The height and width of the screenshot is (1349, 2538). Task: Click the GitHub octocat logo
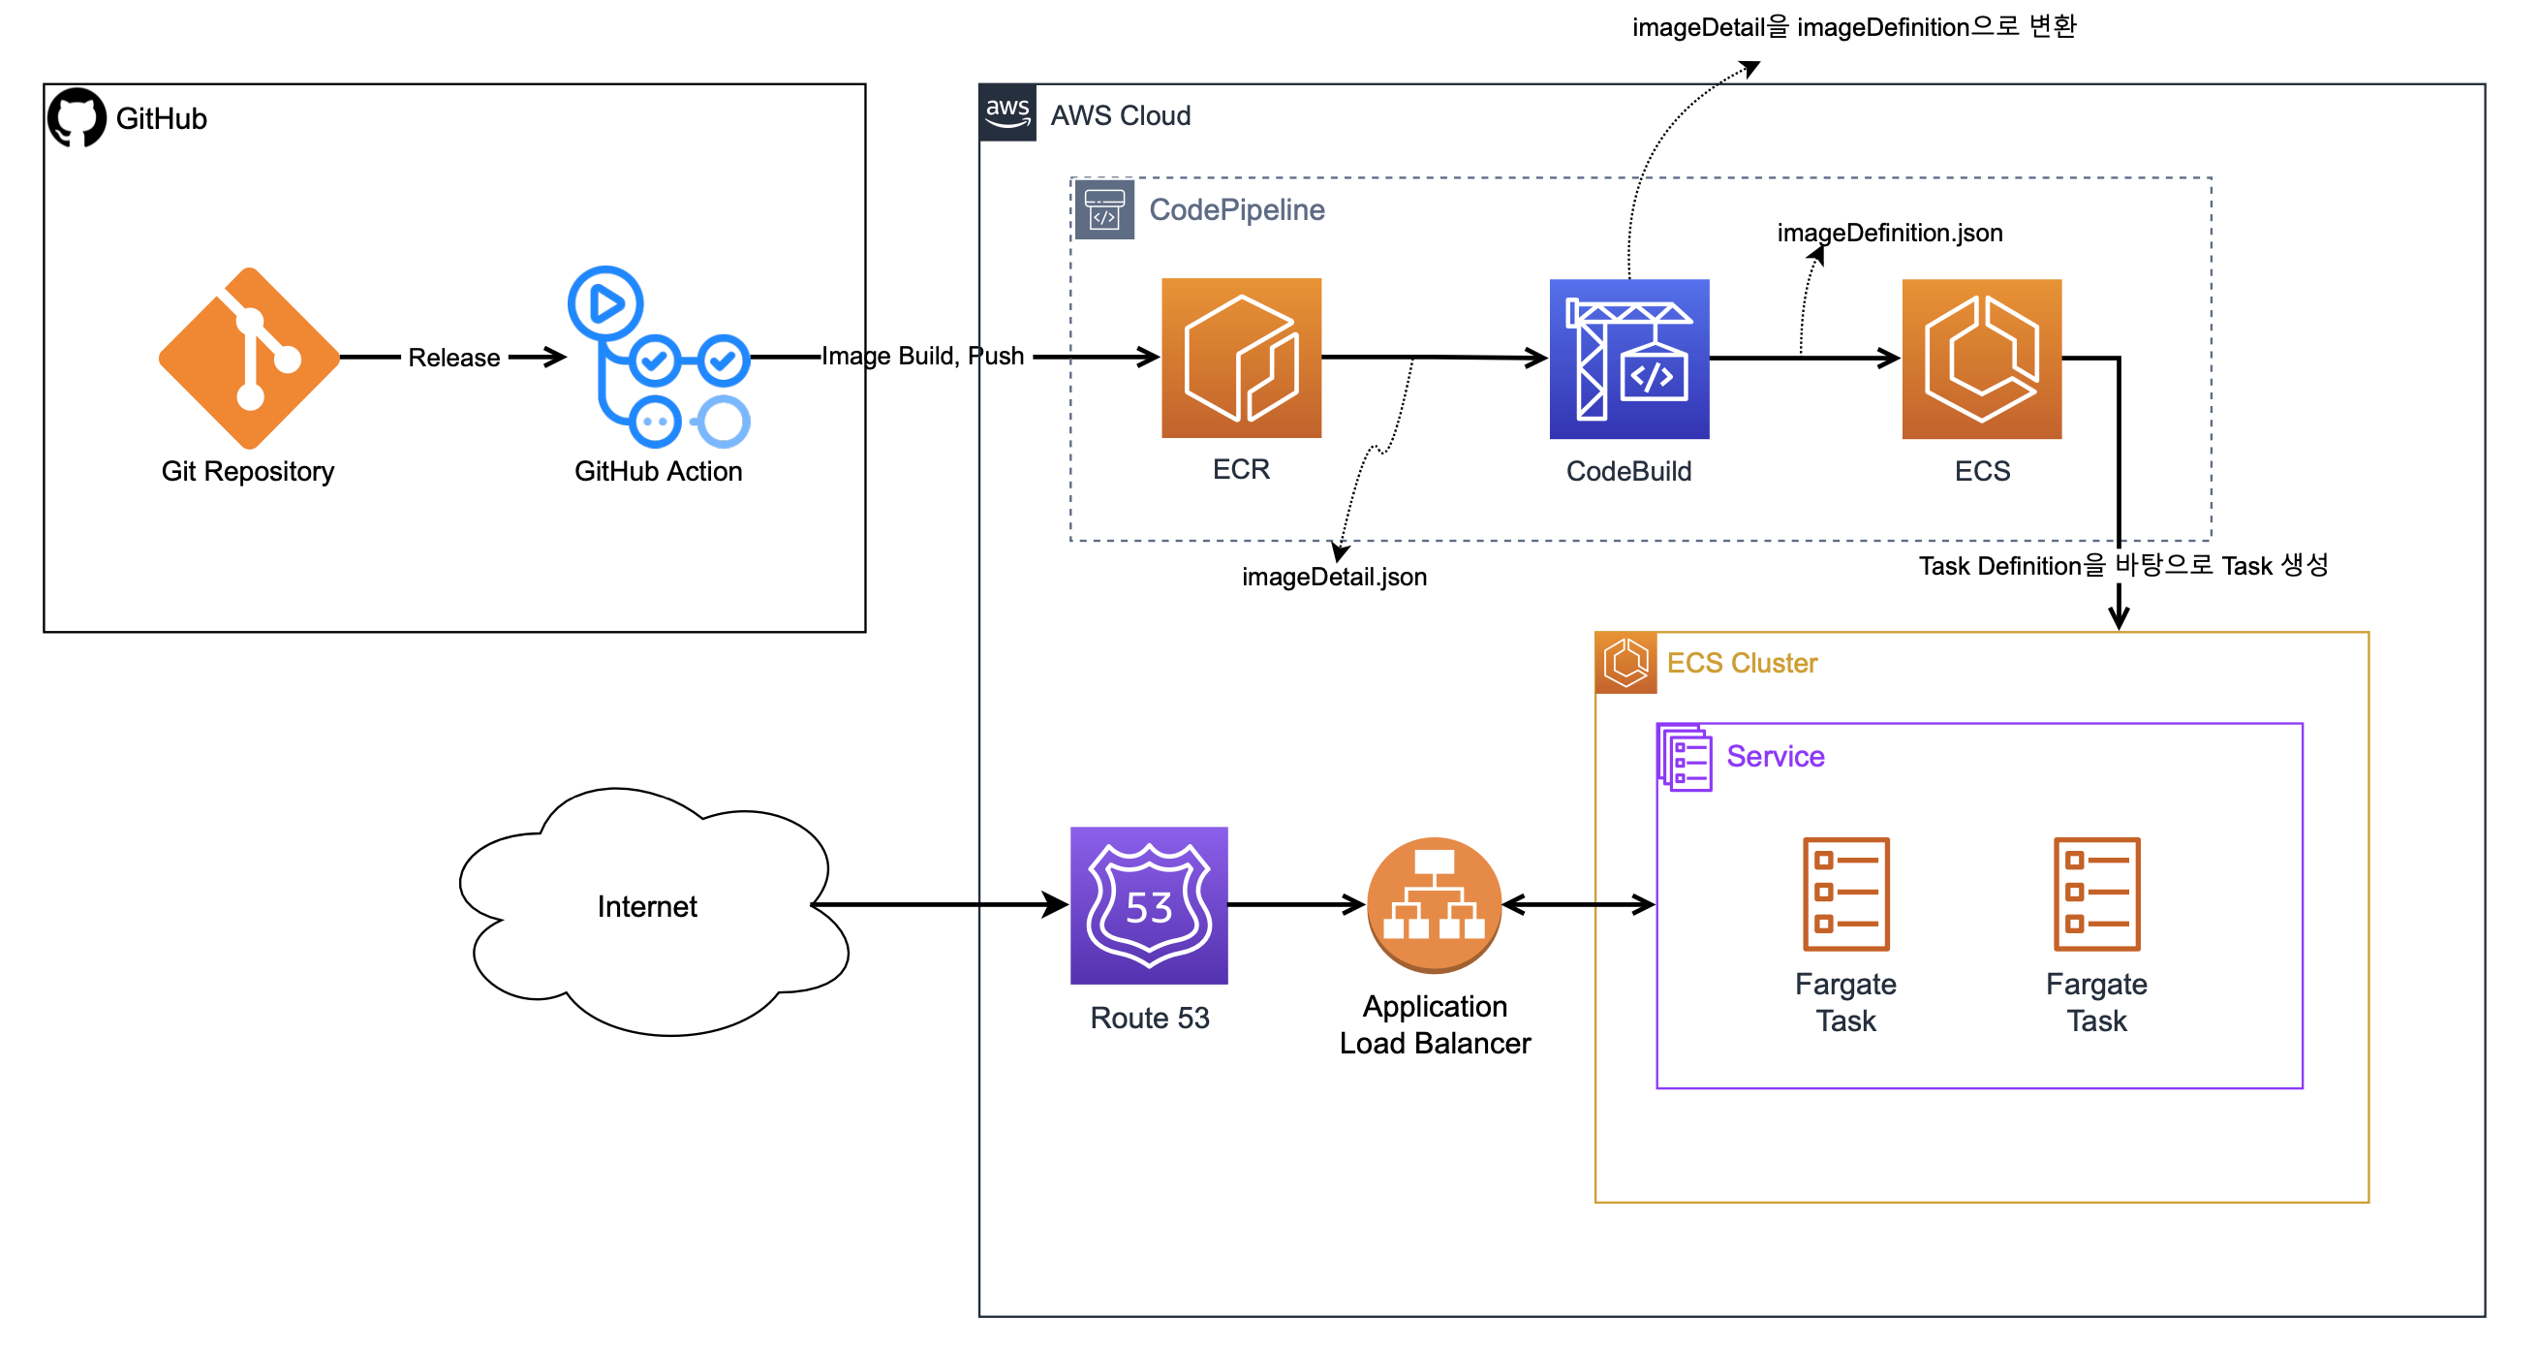pyautogui.click(x=77, y=117)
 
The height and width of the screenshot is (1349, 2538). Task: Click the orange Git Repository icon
pyautogui.click(x=249, y=358)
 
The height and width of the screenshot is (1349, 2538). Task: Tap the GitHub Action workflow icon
pyautogui.click(x=658, y=358)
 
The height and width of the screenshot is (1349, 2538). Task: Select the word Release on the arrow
pyautogui.click(x=453, y=358)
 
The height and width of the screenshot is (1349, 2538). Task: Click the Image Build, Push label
pyautogui.click(x=922, y=356)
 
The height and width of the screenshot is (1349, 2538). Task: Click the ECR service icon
pyautogui.click(x=1241, y=358)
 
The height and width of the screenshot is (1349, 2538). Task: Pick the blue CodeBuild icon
pyautogui.click(x=1628, y=359)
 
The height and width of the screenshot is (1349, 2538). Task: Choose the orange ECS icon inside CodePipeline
pyautogui.click(x=1981, y=359)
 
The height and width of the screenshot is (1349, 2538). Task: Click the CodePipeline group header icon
pyautogui.click(x=1103, y=209)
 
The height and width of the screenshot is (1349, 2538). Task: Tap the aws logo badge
pyautogui.click(x=1006, y=112)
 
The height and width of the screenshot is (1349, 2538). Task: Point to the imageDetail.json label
pyautogui.click(x=1334, y=577)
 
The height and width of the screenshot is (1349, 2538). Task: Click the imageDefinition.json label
pyautogui.click(x=1890, y=233)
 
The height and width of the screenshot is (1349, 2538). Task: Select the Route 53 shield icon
pyautogui.click(x=1149, y=904)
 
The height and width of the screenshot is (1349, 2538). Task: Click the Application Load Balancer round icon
pyautogui.click(x=1434, y=903)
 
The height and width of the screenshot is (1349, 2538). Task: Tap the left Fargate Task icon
pyautogui.click(x=1845, y=893)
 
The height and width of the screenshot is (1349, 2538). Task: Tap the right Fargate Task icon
pyautogui.click(x=2095, y=893)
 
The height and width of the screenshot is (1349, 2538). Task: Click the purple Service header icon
pyautogui.click(x=1685, y=757)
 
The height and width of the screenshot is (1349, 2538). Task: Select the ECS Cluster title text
pyautogui.click(x=1741, y=663)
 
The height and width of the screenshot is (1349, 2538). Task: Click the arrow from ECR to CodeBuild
pyautogui.click(x=1478, y=357)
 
